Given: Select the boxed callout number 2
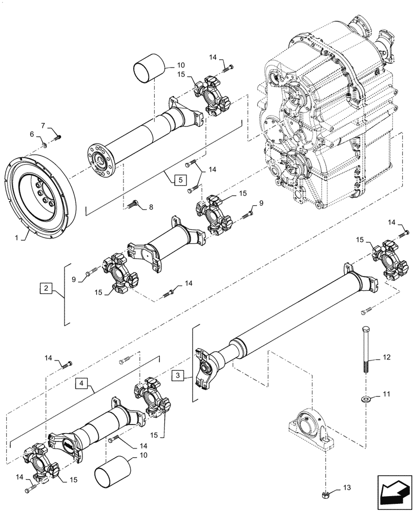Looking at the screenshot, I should (46, 289).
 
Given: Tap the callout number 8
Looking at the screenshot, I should (151, 207).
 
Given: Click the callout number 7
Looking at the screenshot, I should (43, 125).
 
